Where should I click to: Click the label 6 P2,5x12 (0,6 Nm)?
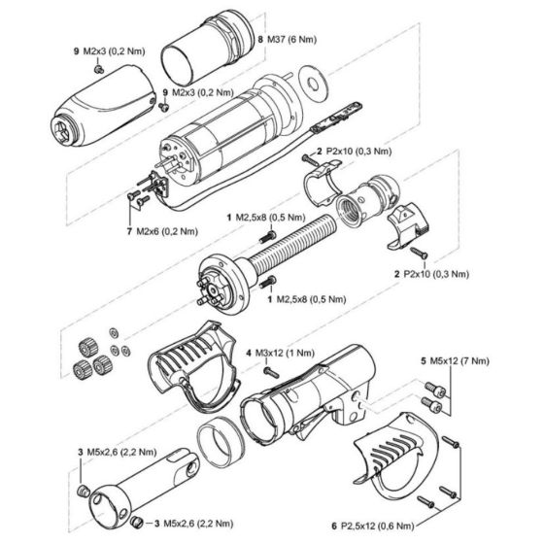(x=384, y=526)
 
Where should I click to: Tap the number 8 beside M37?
(x=260, y=41)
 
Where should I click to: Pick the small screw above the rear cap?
(x=100, y=70)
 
